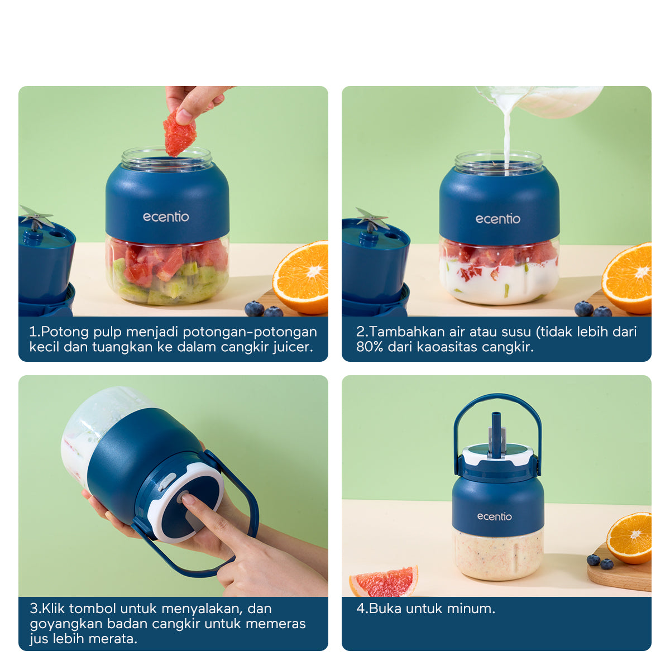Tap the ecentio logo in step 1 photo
click(166, 217)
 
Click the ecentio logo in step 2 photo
click(497, 219)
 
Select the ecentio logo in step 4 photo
click(494, 516)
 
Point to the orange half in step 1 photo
click(302, 277)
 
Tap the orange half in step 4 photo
click(630, 537)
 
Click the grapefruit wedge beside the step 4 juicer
click(385, 581)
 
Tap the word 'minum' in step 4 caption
click(472, 609)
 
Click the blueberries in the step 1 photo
click(262, 309)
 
